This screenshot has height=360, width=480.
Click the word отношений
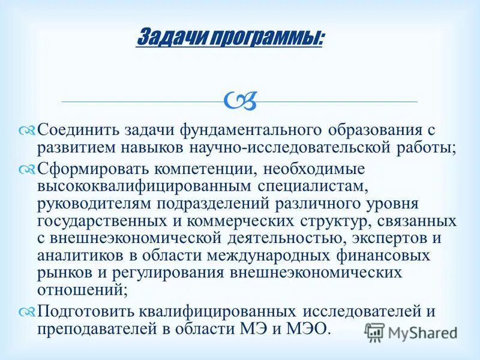pos(80,290)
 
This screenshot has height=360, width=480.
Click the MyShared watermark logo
pos(412,332)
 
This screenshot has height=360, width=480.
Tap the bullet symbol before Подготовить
pos(28,312)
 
